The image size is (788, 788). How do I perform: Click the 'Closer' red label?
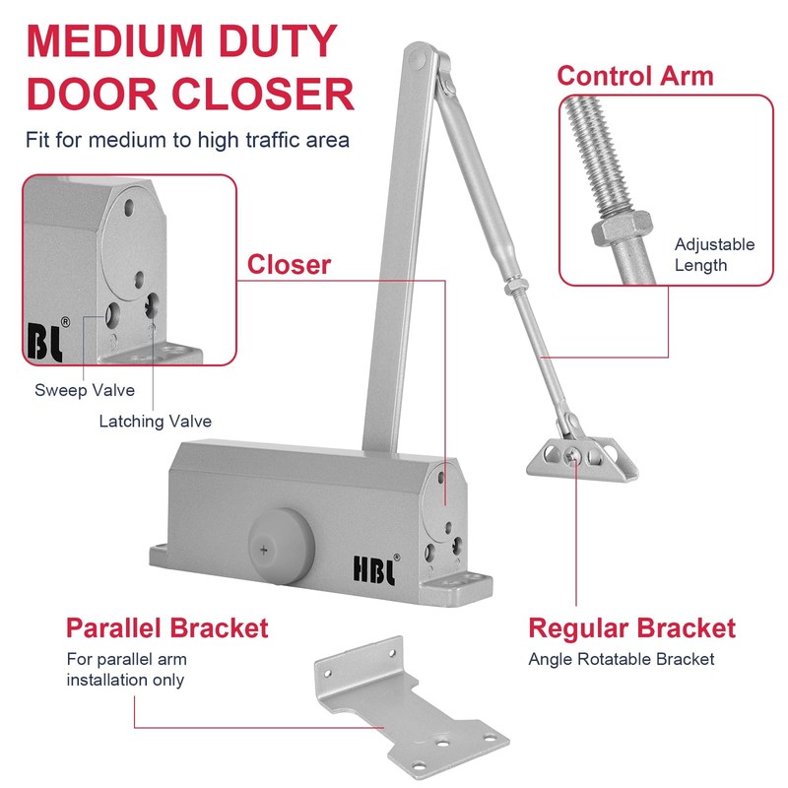[x=289, y=264]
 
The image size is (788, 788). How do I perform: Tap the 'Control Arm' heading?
[x=635, y=75]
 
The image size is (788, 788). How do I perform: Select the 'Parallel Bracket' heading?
[x=166, y=627]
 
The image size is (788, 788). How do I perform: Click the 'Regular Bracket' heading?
[x=631, y=627]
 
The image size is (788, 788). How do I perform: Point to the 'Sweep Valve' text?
[x=85, y=390]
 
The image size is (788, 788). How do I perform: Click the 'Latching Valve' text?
[x=155, y=422]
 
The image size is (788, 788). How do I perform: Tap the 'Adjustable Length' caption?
[x=714, y=254]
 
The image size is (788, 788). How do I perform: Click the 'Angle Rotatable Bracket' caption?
[x=621, y=659]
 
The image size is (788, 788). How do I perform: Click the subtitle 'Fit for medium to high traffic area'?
[x=187, y=139]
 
